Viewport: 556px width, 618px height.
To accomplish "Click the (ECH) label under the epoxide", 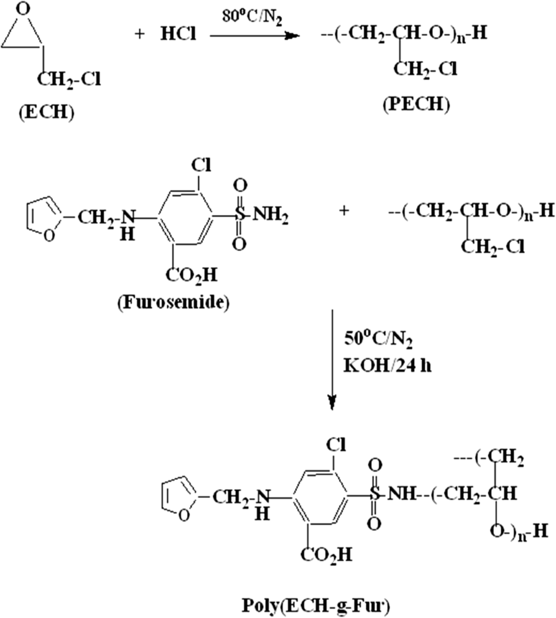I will pos(46,113).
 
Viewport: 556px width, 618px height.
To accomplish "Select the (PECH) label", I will pos(416,104).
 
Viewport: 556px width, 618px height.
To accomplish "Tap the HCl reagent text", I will pos(178,34).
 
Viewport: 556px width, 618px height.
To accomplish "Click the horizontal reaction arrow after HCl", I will pos(253,35).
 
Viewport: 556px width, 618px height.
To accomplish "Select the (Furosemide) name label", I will pos(173,302).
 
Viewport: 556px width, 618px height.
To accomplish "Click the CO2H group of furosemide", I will pos(191,275).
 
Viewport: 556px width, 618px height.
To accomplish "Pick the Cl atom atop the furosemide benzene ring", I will pos(201,165).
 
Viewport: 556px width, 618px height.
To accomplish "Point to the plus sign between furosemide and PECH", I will pos(343,211).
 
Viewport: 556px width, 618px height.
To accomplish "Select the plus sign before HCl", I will pos(139,34).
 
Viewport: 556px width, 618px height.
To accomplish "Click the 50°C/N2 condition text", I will pos(378,339).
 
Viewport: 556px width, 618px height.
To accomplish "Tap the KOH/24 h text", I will pos(387,366).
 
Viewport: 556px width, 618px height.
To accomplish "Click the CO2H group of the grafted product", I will pos(326,554).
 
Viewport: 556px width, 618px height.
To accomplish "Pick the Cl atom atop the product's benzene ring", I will pos(335,445).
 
